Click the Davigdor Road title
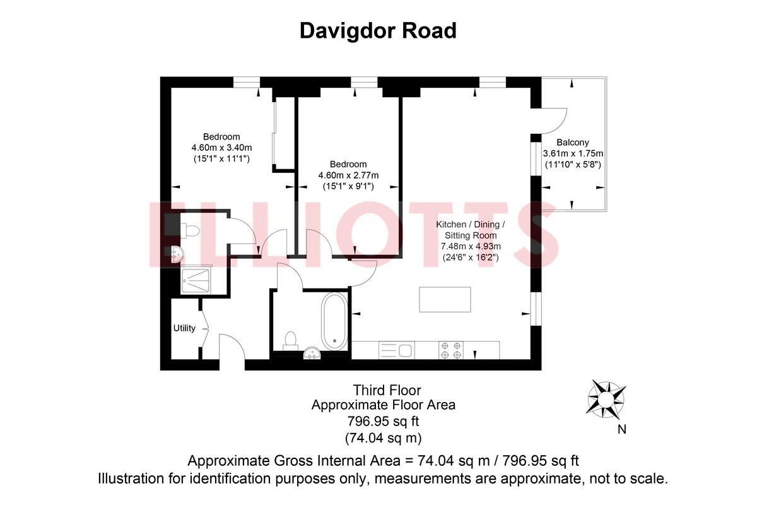point(378,30)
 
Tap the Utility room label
point(184,328)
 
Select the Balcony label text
point(573,143)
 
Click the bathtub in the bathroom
point(334,322)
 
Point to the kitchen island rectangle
point(445,299)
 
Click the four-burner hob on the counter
point(451,350)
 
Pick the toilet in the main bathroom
point(291,340)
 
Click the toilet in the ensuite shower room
point(192,230)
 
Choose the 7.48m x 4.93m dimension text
point(471,246)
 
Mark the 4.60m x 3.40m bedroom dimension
point(221,148)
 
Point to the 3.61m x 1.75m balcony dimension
point(573,153)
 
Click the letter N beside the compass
point(622,431)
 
